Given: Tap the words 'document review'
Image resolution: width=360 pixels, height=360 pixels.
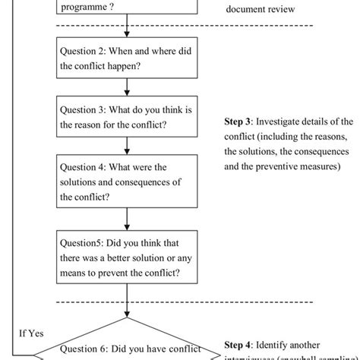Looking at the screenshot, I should coord(261,11).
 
